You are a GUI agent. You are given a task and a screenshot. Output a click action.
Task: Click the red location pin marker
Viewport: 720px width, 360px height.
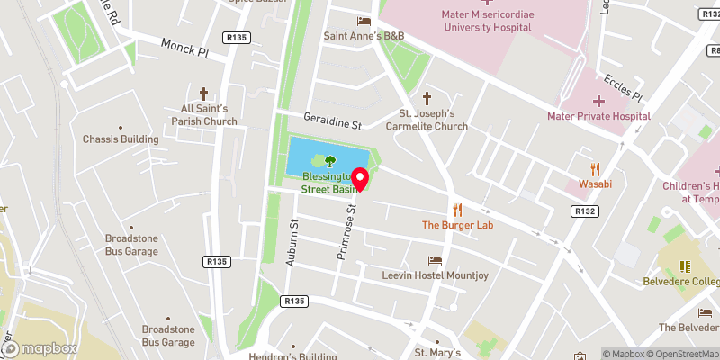point(360,179)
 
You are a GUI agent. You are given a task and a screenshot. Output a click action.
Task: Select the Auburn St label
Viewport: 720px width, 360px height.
point(292,245)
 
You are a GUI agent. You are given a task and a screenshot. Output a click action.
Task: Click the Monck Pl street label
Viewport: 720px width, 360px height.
point(184,48)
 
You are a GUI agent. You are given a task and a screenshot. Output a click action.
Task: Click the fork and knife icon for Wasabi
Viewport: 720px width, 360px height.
point(595,168)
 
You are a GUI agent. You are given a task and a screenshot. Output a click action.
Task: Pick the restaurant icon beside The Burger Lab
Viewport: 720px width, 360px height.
point(457,209)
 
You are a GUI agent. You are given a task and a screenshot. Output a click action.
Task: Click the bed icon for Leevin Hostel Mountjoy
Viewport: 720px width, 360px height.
point(436,259)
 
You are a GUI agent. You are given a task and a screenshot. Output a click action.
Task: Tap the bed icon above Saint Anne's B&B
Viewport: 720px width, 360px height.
point(364,21)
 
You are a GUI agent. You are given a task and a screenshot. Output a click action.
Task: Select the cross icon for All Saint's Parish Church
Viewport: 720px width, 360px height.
point(203,93)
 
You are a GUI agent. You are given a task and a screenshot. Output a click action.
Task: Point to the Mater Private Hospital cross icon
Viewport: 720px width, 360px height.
point(598,101)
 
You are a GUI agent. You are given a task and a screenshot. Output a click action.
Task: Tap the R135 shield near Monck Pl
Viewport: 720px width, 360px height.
point(239,37)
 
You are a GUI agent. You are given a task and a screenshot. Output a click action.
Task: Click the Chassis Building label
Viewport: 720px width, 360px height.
point(121,139)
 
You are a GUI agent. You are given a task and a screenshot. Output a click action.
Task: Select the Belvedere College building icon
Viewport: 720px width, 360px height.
point(683,266)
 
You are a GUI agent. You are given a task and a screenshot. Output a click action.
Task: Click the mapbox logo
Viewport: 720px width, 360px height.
point(39,348)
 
